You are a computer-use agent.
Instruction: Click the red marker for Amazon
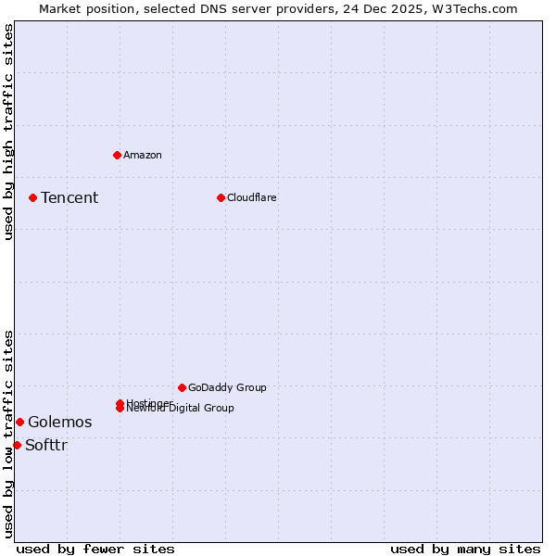(117, 155)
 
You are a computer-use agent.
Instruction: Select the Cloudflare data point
(221, 197)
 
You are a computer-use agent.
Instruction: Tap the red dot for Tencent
(32, 197)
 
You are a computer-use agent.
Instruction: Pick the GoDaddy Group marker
(182, 387)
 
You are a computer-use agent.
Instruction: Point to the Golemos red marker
(19, 422)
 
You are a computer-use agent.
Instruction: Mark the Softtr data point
(17, 445)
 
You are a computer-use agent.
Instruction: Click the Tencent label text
(69, 197)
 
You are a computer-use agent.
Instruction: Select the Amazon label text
(143, 155)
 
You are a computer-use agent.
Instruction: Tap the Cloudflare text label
(252, 197)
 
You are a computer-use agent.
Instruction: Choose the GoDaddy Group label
(227, 387)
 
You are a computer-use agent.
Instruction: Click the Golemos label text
(59, 422)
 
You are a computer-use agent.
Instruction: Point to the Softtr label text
(46, 445)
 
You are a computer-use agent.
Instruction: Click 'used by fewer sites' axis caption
(95, 549)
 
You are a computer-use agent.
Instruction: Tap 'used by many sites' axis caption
(465, 549)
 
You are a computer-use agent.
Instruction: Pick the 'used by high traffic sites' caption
(8, 132)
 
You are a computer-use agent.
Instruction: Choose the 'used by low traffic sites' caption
(8, 433)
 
